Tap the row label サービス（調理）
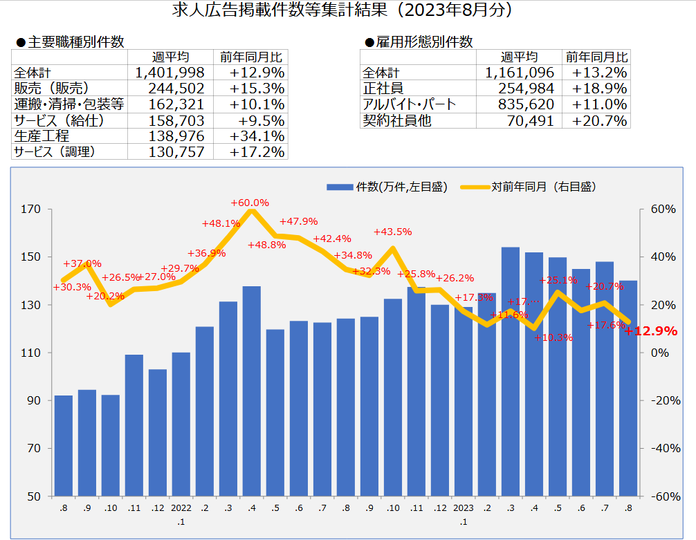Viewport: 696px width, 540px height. (x=55, y=152)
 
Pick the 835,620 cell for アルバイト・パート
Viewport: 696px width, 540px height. (x=519, y=104)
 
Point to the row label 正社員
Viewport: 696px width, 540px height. (x=383, y=89)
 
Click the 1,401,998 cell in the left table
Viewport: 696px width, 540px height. (x=170, y=73)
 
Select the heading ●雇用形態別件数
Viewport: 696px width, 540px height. (x=419, y=42)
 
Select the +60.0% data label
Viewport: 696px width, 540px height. (x=250, y=203)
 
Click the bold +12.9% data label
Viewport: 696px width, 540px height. (x=651, y=331)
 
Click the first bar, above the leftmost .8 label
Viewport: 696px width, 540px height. (x=64, y=445)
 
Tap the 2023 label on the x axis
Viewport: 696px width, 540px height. (x=463, y=509)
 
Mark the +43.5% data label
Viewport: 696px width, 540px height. (x=392, y=232)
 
